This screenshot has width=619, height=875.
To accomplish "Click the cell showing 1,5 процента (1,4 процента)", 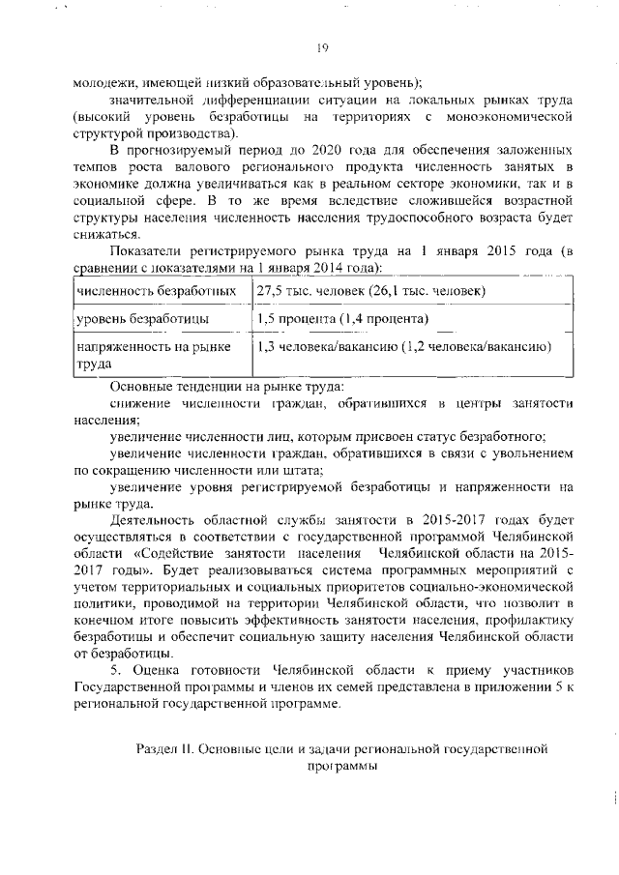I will tap(343, 318).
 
